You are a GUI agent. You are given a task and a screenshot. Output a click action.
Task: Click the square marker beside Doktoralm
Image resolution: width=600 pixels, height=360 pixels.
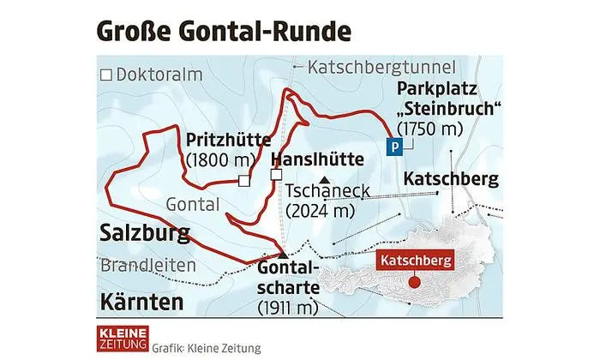click(x=106, y=75)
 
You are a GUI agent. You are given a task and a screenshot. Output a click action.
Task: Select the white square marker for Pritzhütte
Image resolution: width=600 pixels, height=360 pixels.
click(x=244, y=181)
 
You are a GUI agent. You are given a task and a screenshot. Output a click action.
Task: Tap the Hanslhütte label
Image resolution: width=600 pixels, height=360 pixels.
click(x=312, y=159)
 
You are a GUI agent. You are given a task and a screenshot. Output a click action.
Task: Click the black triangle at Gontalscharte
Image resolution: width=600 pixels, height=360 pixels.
click(x=283, y=254)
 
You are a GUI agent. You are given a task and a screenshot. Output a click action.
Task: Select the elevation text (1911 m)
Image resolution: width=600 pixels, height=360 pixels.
click(x=288, y=308)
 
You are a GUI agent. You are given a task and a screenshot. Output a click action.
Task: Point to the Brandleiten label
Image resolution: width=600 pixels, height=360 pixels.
click(x=147, y=266)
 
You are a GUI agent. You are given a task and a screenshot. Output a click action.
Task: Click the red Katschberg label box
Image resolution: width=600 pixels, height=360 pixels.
click(x=416, y=258)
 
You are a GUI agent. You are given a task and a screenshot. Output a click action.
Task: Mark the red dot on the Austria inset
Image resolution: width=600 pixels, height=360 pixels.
click(x=416, y=281)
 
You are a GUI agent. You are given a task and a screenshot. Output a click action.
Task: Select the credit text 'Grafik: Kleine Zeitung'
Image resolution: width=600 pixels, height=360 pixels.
click(x=206, y=349)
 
